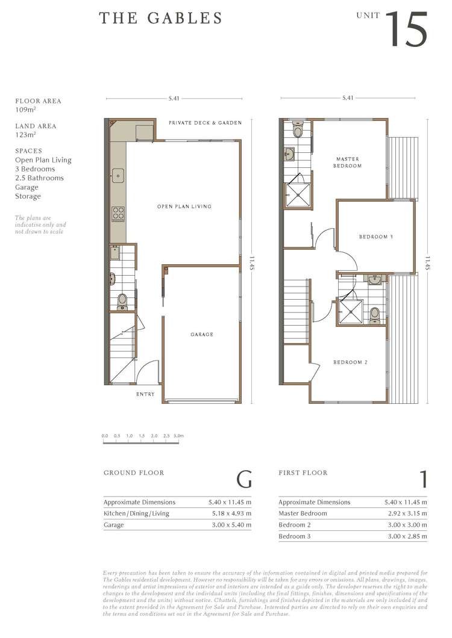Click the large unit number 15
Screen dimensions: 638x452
coord(407,29)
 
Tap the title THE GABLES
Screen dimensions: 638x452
coord(161,19)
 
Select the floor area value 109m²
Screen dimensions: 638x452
coord(26,111)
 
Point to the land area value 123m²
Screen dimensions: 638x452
coord(26,135)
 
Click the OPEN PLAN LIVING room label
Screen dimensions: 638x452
coord(184,206)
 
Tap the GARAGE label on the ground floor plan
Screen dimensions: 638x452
coord(202,335)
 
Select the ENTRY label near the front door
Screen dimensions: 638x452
coord(145,394)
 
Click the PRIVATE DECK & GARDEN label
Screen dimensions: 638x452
coord(205,123)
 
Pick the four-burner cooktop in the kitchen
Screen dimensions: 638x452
coord(118,213)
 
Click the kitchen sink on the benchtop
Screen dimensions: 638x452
coord(118,176)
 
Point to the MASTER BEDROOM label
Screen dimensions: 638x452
coord(348,163)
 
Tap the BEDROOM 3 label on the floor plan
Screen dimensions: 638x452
coord(376,237)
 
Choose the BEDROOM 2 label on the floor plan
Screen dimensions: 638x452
coord(351,362)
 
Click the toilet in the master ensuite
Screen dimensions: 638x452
coord(297,131)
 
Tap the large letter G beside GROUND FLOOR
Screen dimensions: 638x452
coord(243,480)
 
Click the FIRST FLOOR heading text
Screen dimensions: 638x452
coord(303,473)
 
